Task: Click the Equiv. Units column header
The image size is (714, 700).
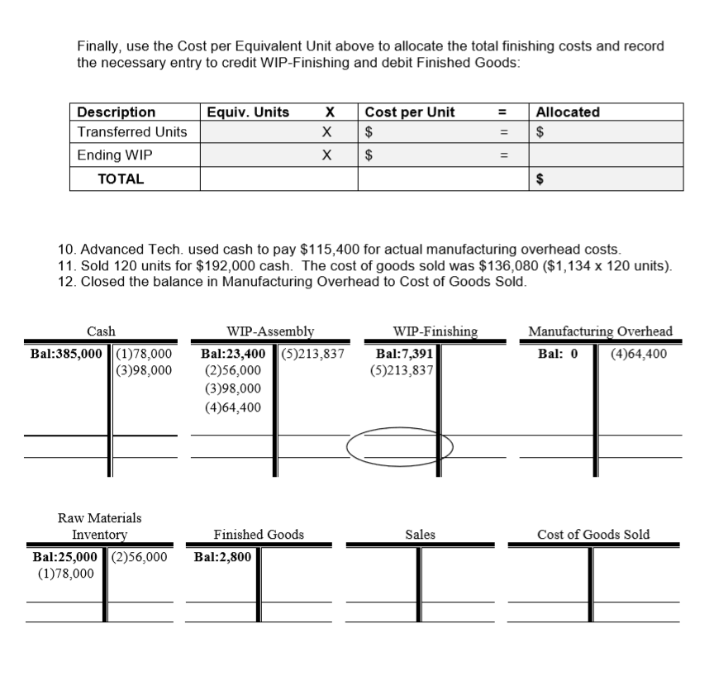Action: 247,112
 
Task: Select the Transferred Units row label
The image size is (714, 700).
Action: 132,132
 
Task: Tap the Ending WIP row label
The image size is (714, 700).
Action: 115,155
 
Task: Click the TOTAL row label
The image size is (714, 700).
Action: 121,178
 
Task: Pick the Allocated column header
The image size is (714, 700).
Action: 568,112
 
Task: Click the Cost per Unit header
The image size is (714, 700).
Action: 410,112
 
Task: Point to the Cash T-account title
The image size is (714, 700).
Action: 102,331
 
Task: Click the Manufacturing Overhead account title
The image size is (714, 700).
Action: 600,331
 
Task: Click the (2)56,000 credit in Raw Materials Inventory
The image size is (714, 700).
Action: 139,556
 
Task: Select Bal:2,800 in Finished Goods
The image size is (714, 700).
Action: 222,556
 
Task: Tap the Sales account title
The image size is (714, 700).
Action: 420,535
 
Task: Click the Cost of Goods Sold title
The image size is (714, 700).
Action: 593,535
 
